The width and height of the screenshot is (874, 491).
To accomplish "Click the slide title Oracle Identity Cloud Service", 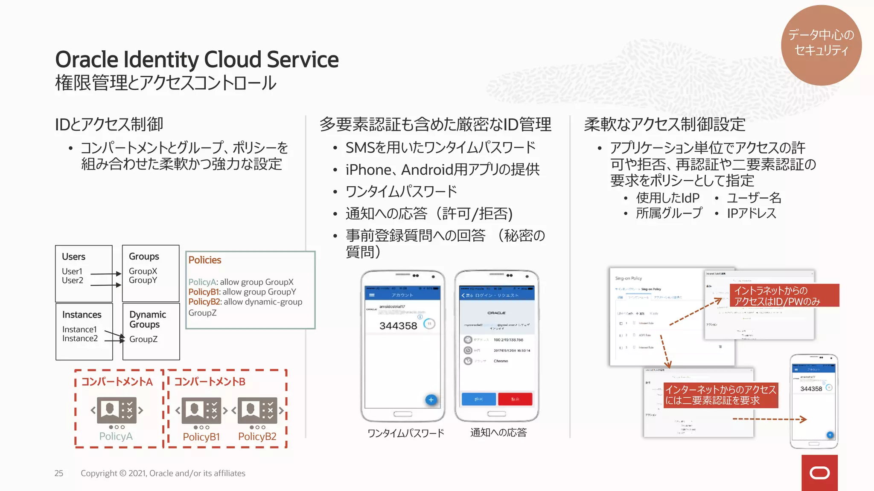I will (197, 59).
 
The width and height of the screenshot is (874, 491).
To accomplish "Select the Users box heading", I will (73, 257).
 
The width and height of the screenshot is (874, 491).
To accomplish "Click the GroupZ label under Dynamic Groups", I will (143, 339).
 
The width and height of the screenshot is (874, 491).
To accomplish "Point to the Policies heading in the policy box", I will (205, 260).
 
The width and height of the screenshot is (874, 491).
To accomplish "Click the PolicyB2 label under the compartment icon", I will (257, 436).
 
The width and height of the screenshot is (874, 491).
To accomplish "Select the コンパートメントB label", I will (210, 381).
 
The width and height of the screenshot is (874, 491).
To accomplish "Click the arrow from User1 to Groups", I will (106, 274).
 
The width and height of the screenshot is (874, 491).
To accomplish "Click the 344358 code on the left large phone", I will (398, 326).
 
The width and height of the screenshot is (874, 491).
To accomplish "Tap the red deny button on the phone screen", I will (515, 399).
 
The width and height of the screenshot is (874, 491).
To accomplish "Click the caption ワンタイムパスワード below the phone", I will (406, 433).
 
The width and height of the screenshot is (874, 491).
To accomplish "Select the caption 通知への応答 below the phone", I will (498, 433).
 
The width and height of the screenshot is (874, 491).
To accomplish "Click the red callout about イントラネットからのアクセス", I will (784, 295).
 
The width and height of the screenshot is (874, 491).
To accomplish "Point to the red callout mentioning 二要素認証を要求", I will (721, 395).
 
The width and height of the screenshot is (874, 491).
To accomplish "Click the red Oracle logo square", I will (819, 473).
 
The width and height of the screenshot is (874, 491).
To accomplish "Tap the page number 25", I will (59, 473).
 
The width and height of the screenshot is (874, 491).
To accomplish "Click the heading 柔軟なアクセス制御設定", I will (664, 124).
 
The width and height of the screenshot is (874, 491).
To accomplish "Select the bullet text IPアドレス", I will (752, 213).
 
